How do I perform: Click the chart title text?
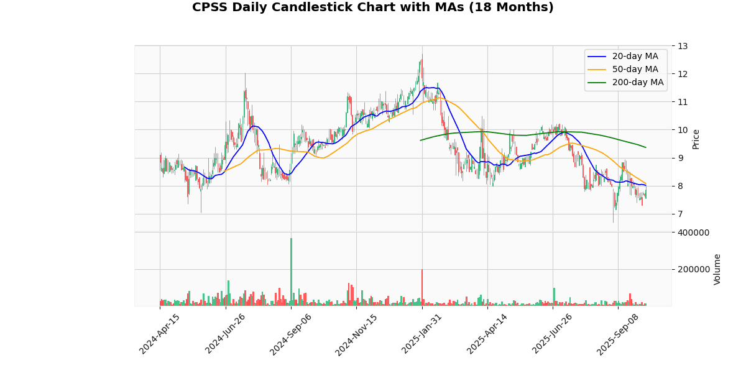[372, 7]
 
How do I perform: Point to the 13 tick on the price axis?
[683, 46]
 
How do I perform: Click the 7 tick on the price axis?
[680, 214]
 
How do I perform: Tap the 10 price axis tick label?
[683, 130]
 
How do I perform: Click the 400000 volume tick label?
[693, 233]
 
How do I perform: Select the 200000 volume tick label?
[693, 270]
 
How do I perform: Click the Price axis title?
[696, 139]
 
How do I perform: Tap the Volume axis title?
[717, 269]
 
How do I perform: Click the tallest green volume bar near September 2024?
[291, 272]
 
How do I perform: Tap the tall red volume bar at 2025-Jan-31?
[422, 287]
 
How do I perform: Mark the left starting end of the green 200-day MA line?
[421, 140]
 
